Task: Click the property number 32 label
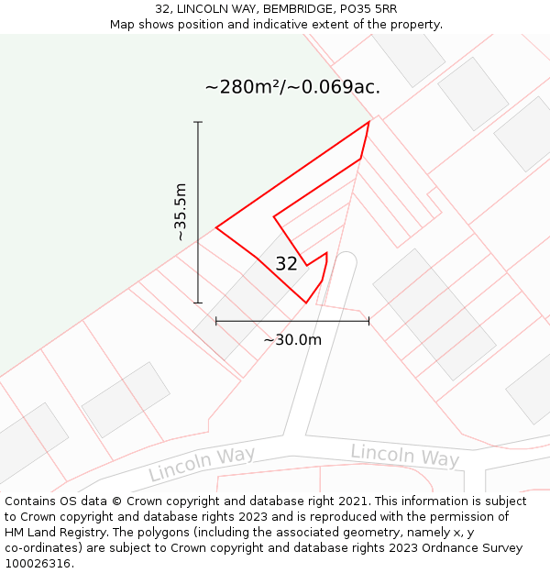(x=286, y=264)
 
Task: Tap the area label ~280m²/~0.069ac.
(x=291, y=87)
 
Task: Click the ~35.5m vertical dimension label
(x=181, y=212)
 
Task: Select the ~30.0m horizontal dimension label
(x=292, y=340)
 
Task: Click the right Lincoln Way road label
(x=404, y=455)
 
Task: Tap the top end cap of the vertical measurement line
(x=198, y=122)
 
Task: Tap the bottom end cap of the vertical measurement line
(x=198, y=303)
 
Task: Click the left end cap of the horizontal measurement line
(x=216, y=321)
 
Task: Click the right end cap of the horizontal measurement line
(x=368, y=321)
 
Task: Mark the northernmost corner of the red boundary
(x=369, y=122)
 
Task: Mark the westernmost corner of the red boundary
(x=216, y=227)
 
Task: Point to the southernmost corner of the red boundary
(x=306, y=303)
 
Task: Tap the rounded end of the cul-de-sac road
(x=345, y=259)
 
